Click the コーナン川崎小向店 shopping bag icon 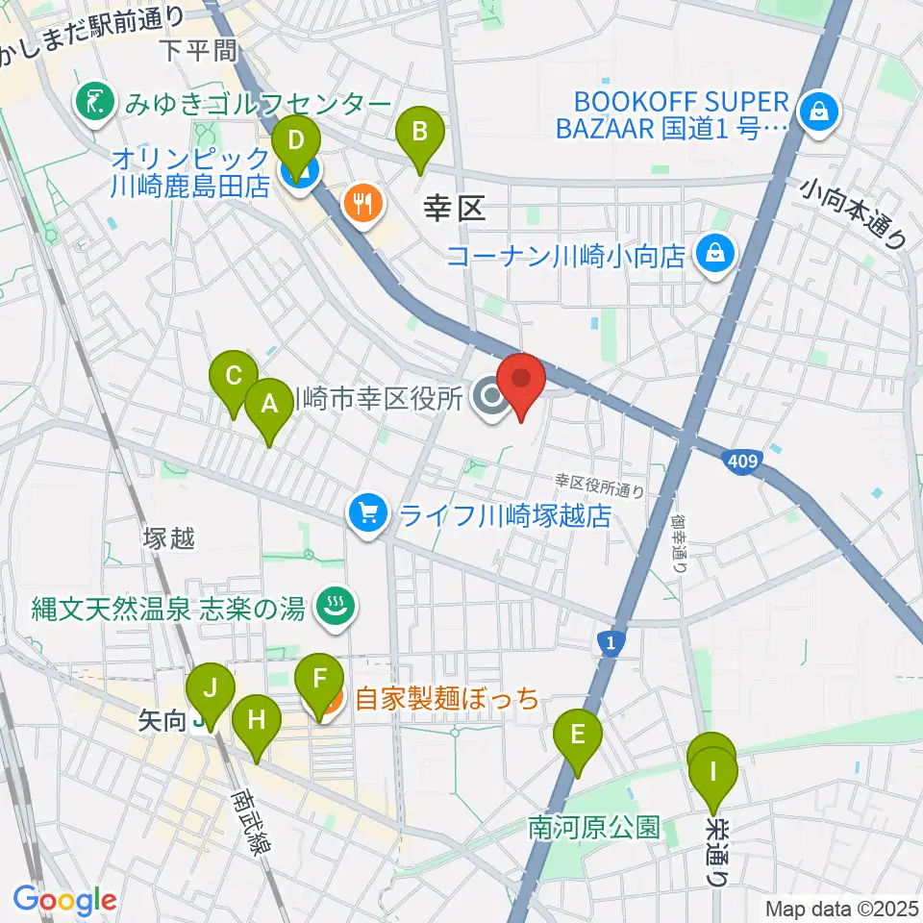tap(717, 255)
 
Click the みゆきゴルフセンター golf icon tap(94, 103)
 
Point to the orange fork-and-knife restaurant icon tap(362, 204)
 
